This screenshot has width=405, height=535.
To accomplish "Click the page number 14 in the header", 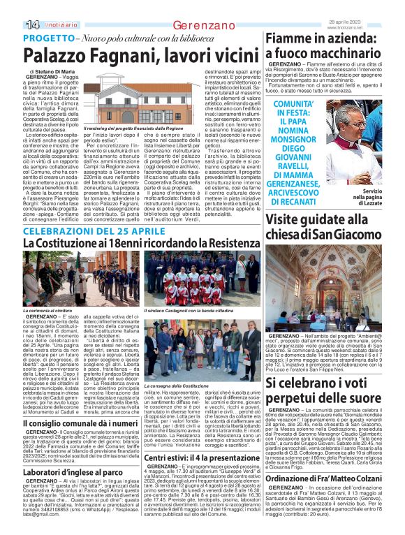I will coord(31,24).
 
